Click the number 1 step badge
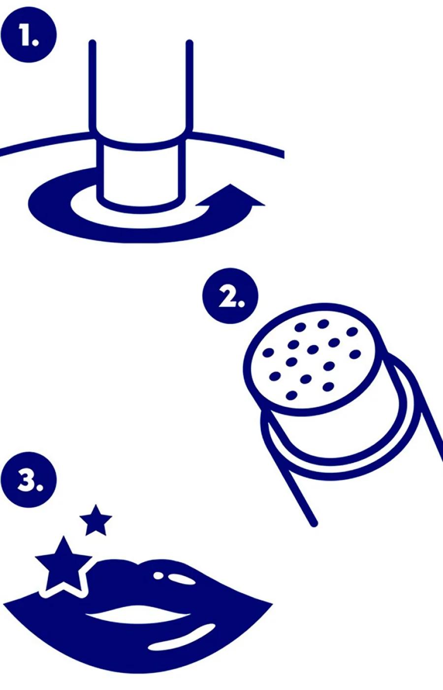tap(29, 34)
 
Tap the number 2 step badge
tap(230, 296)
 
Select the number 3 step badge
tap(29, 480)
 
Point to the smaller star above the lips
tap(95, 521)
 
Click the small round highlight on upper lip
tap(158, 575)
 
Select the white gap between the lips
tap(137, 614)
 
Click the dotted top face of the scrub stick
tap(313, 359)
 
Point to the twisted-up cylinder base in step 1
tap(141, 175)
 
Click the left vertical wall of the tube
tap(93, 86)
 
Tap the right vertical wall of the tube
tap(190, 86)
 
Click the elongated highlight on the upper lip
tap(183, 578)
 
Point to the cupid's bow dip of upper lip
tap(139, 564)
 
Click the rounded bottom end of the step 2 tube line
tap(314, 523)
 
